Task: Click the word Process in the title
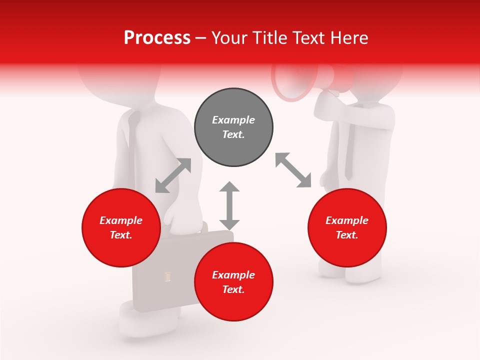pyautogui.click(x=157, y=38)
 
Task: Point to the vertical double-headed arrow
pyautogui.click(x=229, y=205)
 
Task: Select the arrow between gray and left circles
pyautogui.click(x=173, y=175)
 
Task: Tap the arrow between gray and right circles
pyautogui.click(x=293, y=170)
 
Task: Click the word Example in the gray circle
pyautogui.click(x=233, y=120)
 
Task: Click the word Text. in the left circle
pyautogui.click(x=121, y=235)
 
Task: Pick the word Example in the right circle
pyautogui.click(x=347, y=220)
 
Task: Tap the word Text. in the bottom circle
pyautogui.click(x=233, y=289)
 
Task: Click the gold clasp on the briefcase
pyautogui.click(x=167, y=276)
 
